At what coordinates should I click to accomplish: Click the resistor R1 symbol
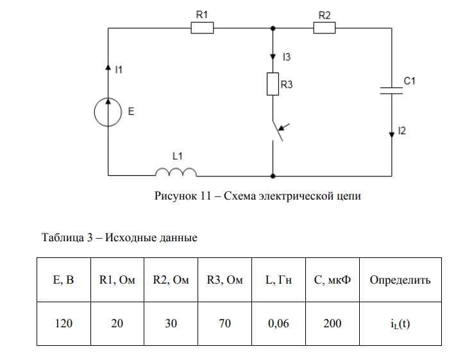coord(202,28)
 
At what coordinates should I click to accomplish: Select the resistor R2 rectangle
coord(324,28)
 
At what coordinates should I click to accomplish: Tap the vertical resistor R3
coord(273,84)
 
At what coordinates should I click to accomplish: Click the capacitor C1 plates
coord(391,90)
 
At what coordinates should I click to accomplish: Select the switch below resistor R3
coord(277,131)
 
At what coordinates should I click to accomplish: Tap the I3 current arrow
coord(273,56)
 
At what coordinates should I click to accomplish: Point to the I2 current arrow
coord(391,133)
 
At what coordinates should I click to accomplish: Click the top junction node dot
coord(273,28)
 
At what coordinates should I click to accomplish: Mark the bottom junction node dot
coord(273,175)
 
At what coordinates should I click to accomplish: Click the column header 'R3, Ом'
coord(224,280)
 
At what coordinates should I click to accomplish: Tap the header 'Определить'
coord(400,280)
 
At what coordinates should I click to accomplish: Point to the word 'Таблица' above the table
coord(62,237)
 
